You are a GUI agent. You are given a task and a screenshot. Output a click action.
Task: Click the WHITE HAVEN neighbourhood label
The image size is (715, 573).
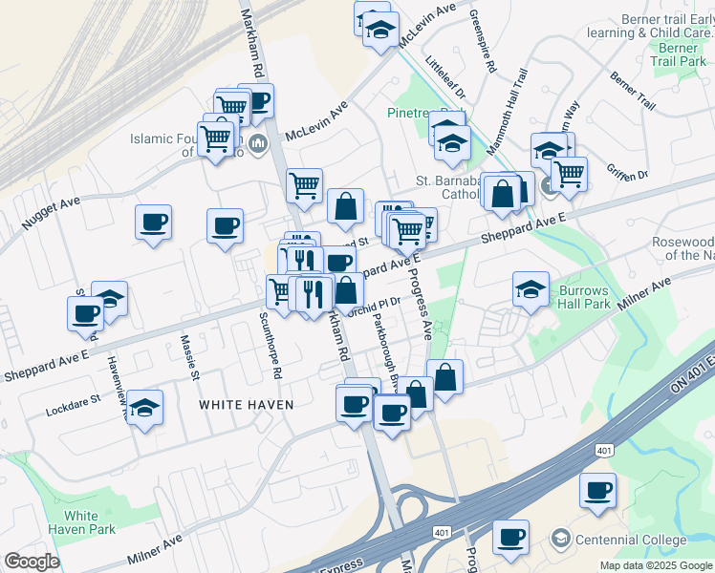click(246, 405)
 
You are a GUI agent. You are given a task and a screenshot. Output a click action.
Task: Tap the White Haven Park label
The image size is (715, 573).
click(81, 522)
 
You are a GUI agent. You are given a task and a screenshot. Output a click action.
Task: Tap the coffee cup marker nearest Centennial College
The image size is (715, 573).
click(510, 537)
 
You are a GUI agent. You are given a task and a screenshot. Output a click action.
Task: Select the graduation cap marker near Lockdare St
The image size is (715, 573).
click(144, 407)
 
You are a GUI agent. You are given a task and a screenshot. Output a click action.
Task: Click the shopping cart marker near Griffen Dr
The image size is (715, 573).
click(569, 175)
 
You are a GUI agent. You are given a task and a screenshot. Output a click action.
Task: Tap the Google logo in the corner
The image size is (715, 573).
click(32, 562)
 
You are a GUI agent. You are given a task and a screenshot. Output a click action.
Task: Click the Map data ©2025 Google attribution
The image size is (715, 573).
click(656, 565)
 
